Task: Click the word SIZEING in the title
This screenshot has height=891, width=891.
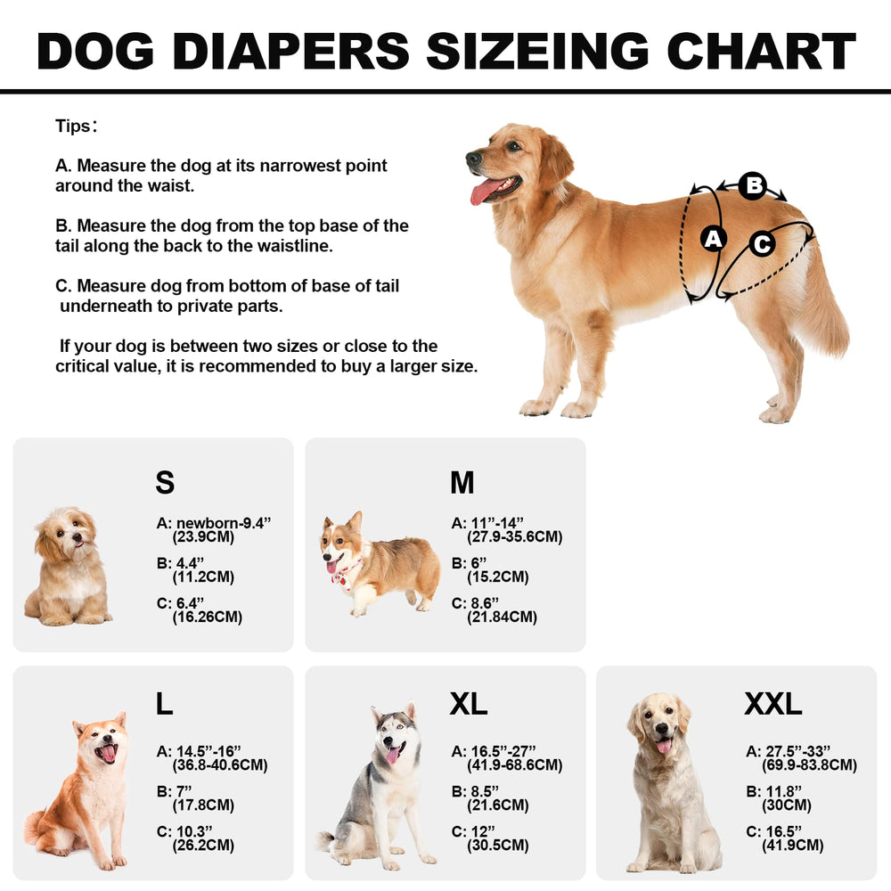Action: coord(537,51)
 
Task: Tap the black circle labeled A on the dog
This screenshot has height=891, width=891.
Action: coord(713,239)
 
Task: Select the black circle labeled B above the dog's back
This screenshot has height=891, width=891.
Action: coord(754,185)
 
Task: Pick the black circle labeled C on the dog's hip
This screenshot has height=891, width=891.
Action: coord(762,244)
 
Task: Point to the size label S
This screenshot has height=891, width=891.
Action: coord(165,482)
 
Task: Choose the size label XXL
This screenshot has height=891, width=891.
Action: coord(772,704)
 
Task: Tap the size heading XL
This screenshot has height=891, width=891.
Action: coord(469,704)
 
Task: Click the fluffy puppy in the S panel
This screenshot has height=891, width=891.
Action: coord(69,567)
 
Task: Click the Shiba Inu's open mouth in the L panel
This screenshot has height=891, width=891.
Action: coord(106,753)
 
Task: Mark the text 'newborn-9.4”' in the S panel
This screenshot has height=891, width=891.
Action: coord(224,523)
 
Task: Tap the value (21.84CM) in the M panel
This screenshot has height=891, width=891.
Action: coord(502,617)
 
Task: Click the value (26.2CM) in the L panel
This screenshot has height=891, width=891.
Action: coord(203,846)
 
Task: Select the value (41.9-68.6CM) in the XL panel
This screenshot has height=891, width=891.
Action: coord(515,765)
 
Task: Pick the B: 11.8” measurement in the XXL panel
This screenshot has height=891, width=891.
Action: coord(774,791)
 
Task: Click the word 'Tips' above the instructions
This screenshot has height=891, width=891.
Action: coord(73,126)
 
